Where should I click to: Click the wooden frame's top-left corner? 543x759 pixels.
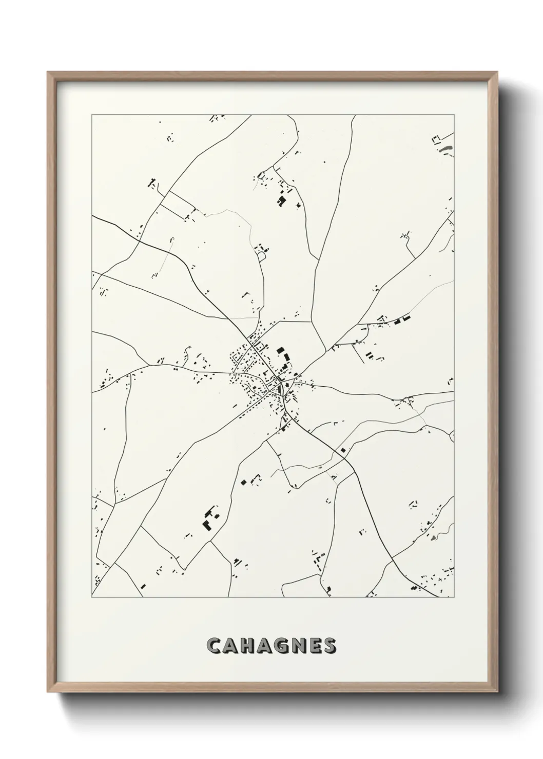tap(48, 72)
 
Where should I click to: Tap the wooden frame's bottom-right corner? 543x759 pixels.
tap(498, 692)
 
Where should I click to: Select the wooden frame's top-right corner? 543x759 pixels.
tap(498, 72)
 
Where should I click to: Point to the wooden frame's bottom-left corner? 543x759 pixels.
tap(48, 692)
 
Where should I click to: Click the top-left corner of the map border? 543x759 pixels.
tap(92, 115)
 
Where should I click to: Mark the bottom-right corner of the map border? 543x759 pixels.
tap(455, 597)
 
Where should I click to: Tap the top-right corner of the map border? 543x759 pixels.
tap(455, 115)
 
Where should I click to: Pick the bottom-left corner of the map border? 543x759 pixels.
tap(92, 597)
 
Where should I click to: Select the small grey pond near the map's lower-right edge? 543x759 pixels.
tap(434, 537)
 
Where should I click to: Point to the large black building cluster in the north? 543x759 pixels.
tap(282, 201)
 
